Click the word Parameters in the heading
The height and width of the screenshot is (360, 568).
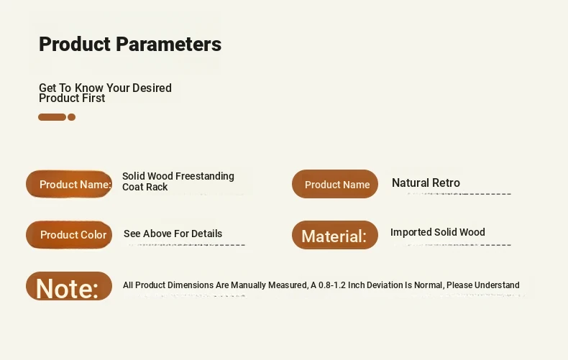click(168, 44)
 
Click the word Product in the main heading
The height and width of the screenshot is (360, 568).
click(75, 44)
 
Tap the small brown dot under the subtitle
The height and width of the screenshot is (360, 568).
click(71, 117)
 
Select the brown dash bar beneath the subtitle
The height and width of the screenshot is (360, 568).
click(52, 117)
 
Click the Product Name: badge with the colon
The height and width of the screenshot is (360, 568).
click(69, 184)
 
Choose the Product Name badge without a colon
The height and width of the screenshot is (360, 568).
click(335, 184)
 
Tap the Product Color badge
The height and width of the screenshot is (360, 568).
click(69, 235)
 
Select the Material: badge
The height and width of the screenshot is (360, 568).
click(335, 235)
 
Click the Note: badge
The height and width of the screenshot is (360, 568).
click(69, 286)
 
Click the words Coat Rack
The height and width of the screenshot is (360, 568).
click(145, 187)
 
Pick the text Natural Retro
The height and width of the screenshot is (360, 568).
click(426, 183)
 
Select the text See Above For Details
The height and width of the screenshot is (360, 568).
click(173, 234)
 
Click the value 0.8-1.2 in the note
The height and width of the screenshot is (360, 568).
click(332, 285)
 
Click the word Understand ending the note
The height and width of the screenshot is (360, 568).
click(497, 285)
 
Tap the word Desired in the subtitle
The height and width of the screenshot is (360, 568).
click(152, 88)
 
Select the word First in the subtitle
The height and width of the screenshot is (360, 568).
click(93, 98)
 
